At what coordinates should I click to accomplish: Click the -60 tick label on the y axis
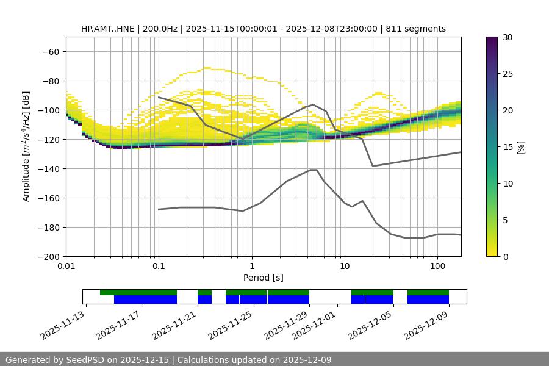point(49,51)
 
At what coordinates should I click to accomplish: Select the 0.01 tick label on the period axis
point(66,267)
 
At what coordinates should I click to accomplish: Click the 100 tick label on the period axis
point(437,267)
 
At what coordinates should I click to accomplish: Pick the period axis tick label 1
point(251,267)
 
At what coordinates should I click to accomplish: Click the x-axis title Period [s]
point(263,278)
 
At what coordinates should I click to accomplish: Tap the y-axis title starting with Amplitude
point(26,146)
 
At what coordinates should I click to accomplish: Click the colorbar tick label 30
point(508,37)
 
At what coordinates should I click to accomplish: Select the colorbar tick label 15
point(508,147)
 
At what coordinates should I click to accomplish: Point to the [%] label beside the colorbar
point(521,147)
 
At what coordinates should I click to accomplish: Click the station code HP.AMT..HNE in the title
point(107,29)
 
